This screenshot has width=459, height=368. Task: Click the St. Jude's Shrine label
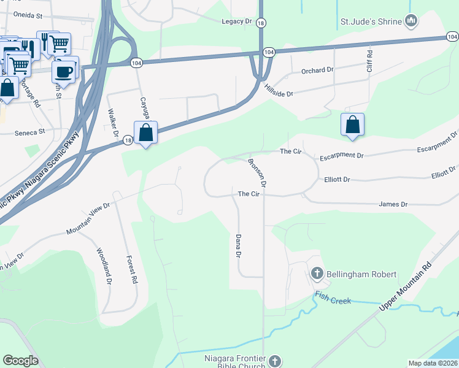pyautogui.click(x=371, y=23)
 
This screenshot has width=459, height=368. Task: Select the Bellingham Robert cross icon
pyautogui.click(x=317, y=274)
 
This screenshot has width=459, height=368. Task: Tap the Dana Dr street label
pyautogui.click(x=238, y=245)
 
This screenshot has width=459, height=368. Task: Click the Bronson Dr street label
pyautogui.click(x=257, y=173)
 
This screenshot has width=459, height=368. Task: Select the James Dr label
pyautogui.click(x=393, y=204)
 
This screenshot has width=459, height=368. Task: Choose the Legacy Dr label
pyautogui.click(x=237, y=21)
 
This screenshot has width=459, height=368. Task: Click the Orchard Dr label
pyautogui.click(x=317, y=71)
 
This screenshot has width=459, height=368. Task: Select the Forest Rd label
pyautogui.click(x=130, y=269)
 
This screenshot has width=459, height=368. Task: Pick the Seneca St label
pyautogui.click(x=29, y=132)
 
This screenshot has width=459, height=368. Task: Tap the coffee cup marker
pyautogui.click(x=63, y=72)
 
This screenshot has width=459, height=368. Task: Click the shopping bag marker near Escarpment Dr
pyautogui.click(x=353, y=125)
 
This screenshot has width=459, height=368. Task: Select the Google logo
pyautogui.click(x=21, y=361)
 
